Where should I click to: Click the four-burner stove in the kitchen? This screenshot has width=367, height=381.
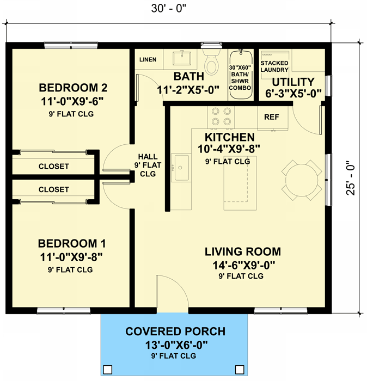[221, 116]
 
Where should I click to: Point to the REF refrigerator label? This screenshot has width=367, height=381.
[272, 117]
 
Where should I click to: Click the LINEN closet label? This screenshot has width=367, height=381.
[149, 59]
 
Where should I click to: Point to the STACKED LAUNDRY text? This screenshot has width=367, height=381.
[274, 66]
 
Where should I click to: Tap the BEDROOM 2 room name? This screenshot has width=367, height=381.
[73, 88]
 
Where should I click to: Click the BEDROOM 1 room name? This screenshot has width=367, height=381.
[72, 243]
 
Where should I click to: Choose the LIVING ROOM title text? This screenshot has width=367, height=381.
[243, 251]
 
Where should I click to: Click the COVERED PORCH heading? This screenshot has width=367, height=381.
[175, 331]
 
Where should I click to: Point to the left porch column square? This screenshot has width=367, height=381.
[108, 370]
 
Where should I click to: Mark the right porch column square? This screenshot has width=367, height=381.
[238, 370]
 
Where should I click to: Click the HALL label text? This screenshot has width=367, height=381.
[148, 155]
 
